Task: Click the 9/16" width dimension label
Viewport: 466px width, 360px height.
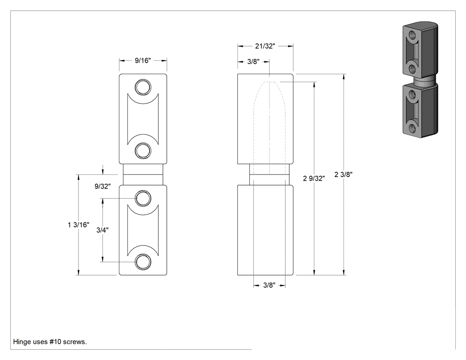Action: pyautogui.click(x=142, y=61)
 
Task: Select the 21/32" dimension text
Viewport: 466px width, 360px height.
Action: pyautogui.click(x=265, y=46)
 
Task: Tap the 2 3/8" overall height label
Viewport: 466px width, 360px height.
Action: pyautogui.click(x=343, y=174)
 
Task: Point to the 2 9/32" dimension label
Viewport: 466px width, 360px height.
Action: pyautogui.click(x=314, y=178)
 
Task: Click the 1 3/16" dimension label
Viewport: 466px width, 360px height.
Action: pyautogui.click(x=79, y=225)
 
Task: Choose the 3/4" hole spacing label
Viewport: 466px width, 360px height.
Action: pyautogui.click(x=102, y=230)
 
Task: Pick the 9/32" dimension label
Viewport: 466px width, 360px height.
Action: pyautogui.click(x=103, y=186)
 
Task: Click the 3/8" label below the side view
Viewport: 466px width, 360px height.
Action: pyautogui.click(x=269, y=285)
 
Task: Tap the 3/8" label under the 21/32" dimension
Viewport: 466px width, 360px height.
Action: pyautogui.click(x=253, y=62)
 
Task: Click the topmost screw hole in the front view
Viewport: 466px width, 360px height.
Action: pyautogui.click(x=143, y=87)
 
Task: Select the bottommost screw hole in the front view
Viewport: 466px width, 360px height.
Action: pyautogui.click(x=143, y=262)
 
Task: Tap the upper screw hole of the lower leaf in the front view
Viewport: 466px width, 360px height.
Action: pyautogui.click(x=143, y=198)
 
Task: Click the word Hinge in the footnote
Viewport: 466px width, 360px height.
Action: pyautogui.click(x=22, y=342)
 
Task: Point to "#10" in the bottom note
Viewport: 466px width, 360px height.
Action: pyautogui.click(x=55, y=342)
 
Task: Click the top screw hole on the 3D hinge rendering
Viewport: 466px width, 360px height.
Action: pyautogui.click(x=412, y=35)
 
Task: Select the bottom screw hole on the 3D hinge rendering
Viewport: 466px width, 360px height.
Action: pyautogui.click(x=412, y=128)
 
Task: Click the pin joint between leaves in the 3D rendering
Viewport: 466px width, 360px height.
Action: pyautogui.click(x=425, y=82)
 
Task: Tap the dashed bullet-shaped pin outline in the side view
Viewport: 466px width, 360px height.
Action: pyautogui.click(x=269, y=128)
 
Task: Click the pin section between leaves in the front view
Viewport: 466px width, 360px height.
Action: pyautogui.click(x=143, y=174)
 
